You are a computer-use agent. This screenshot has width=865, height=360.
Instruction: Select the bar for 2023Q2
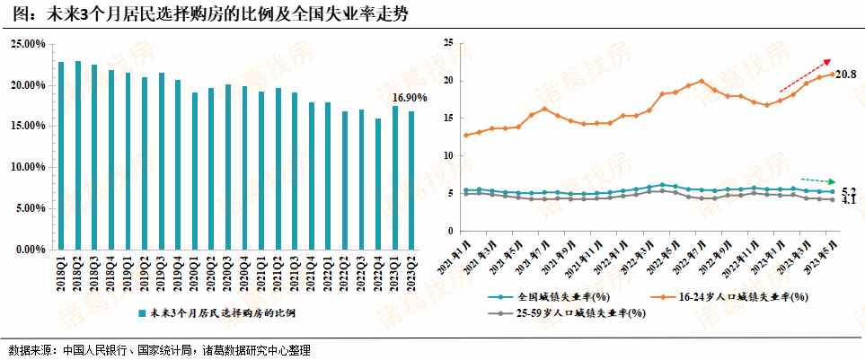411,180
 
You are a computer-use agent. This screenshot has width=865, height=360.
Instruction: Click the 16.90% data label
410,97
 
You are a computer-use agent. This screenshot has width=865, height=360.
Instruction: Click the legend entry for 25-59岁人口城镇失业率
575,312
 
